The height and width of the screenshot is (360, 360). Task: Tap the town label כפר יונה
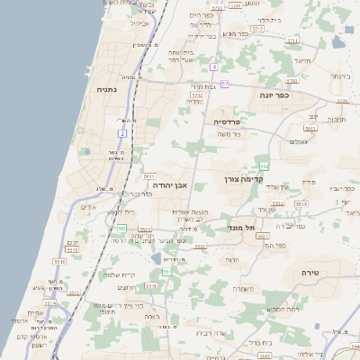pos(274,94)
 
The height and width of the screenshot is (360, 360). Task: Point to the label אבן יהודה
pos(168,184)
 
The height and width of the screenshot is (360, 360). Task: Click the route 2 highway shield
pos(121,133)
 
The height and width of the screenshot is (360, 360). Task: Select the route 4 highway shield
pos(214,67)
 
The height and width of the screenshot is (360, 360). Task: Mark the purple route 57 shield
pos(225,84)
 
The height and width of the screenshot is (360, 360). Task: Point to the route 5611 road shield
pos(149,176)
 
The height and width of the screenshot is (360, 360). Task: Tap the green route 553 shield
pos(121,229)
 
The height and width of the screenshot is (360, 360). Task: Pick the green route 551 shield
pos(166,271)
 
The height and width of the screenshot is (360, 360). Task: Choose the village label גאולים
pos(300,141)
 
